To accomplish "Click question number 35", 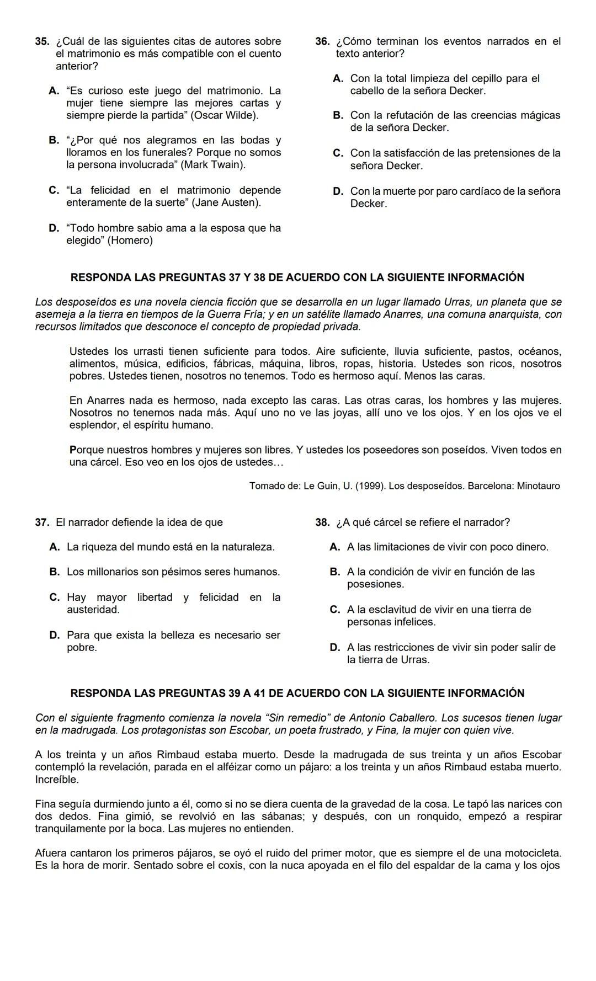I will tap(41, 41).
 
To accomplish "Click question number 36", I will tap(322, 41).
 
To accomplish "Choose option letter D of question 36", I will tap(338, 191).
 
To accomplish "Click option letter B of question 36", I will tap(338, 115).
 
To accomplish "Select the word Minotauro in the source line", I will tap(538, 486).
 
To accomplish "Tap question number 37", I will tap(41, 522).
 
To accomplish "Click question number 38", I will tap(322, 522).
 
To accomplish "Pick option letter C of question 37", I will tap(54, 597).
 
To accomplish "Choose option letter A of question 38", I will tap(334, 547).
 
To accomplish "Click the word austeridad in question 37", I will tap(93, 610).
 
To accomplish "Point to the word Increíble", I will tap(57, 780).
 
